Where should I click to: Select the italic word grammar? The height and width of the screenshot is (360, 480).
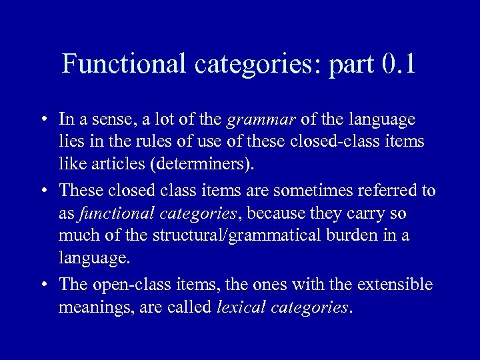point(261,120)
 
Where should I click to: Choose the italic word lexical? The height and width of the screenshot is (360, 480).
point(243,308)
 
